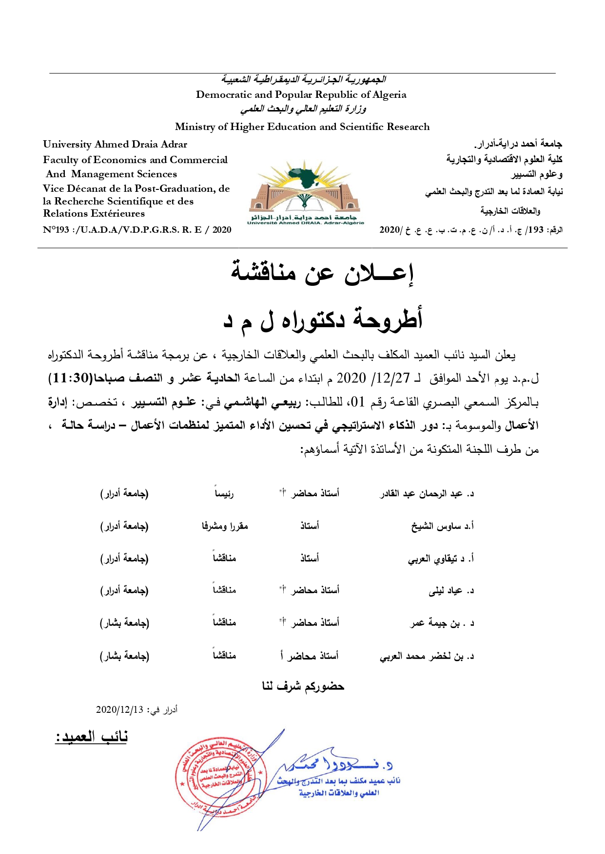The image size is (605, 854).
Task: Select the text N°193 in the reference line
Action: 56,230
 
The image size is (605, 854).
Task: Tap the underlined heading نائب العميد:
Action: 91,737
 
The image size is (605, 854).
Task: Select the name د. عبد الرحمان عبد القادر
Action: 427,494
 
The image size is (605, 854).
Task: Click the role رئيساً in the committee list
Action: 224,494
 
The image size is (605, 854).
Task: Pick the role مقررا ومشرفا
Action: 225,526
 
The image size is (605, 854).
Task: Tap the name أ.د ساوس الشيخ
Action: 442,526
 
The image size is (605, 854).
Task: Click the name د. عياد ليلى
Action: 451,591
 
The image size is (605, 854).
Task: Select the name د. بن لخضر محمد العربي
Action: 427,656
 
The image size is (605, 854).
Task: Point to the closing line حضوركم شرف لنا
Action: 303,687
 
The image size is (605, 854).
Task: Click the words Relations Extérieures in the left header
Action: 94,213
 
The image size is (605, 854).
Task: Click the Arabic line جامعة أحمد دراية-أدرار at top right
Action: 518,144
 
